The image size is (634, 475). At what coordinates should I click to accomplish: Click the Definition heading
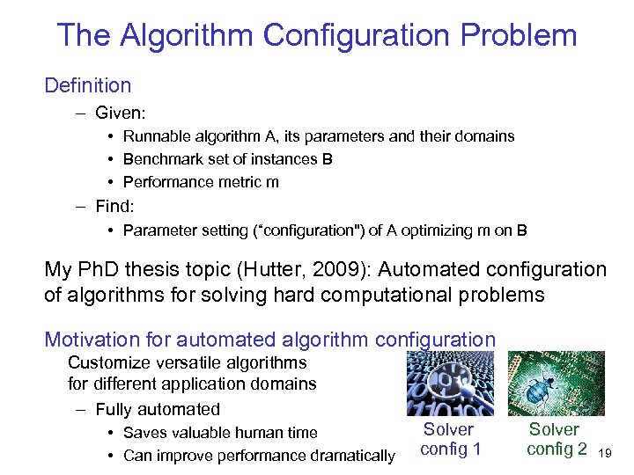pyautogui.click(x=87, y=85)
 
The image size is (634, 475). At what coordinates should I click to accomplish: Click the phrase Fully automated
pyautogui.click(x=158, y=409)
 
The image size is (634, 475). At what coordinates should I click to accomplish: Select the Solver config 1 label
pyautogui.click(x=450, y=439)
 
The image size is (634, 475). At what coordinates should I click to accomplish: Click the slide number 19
pyautogui.click(x=604, y=454)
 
